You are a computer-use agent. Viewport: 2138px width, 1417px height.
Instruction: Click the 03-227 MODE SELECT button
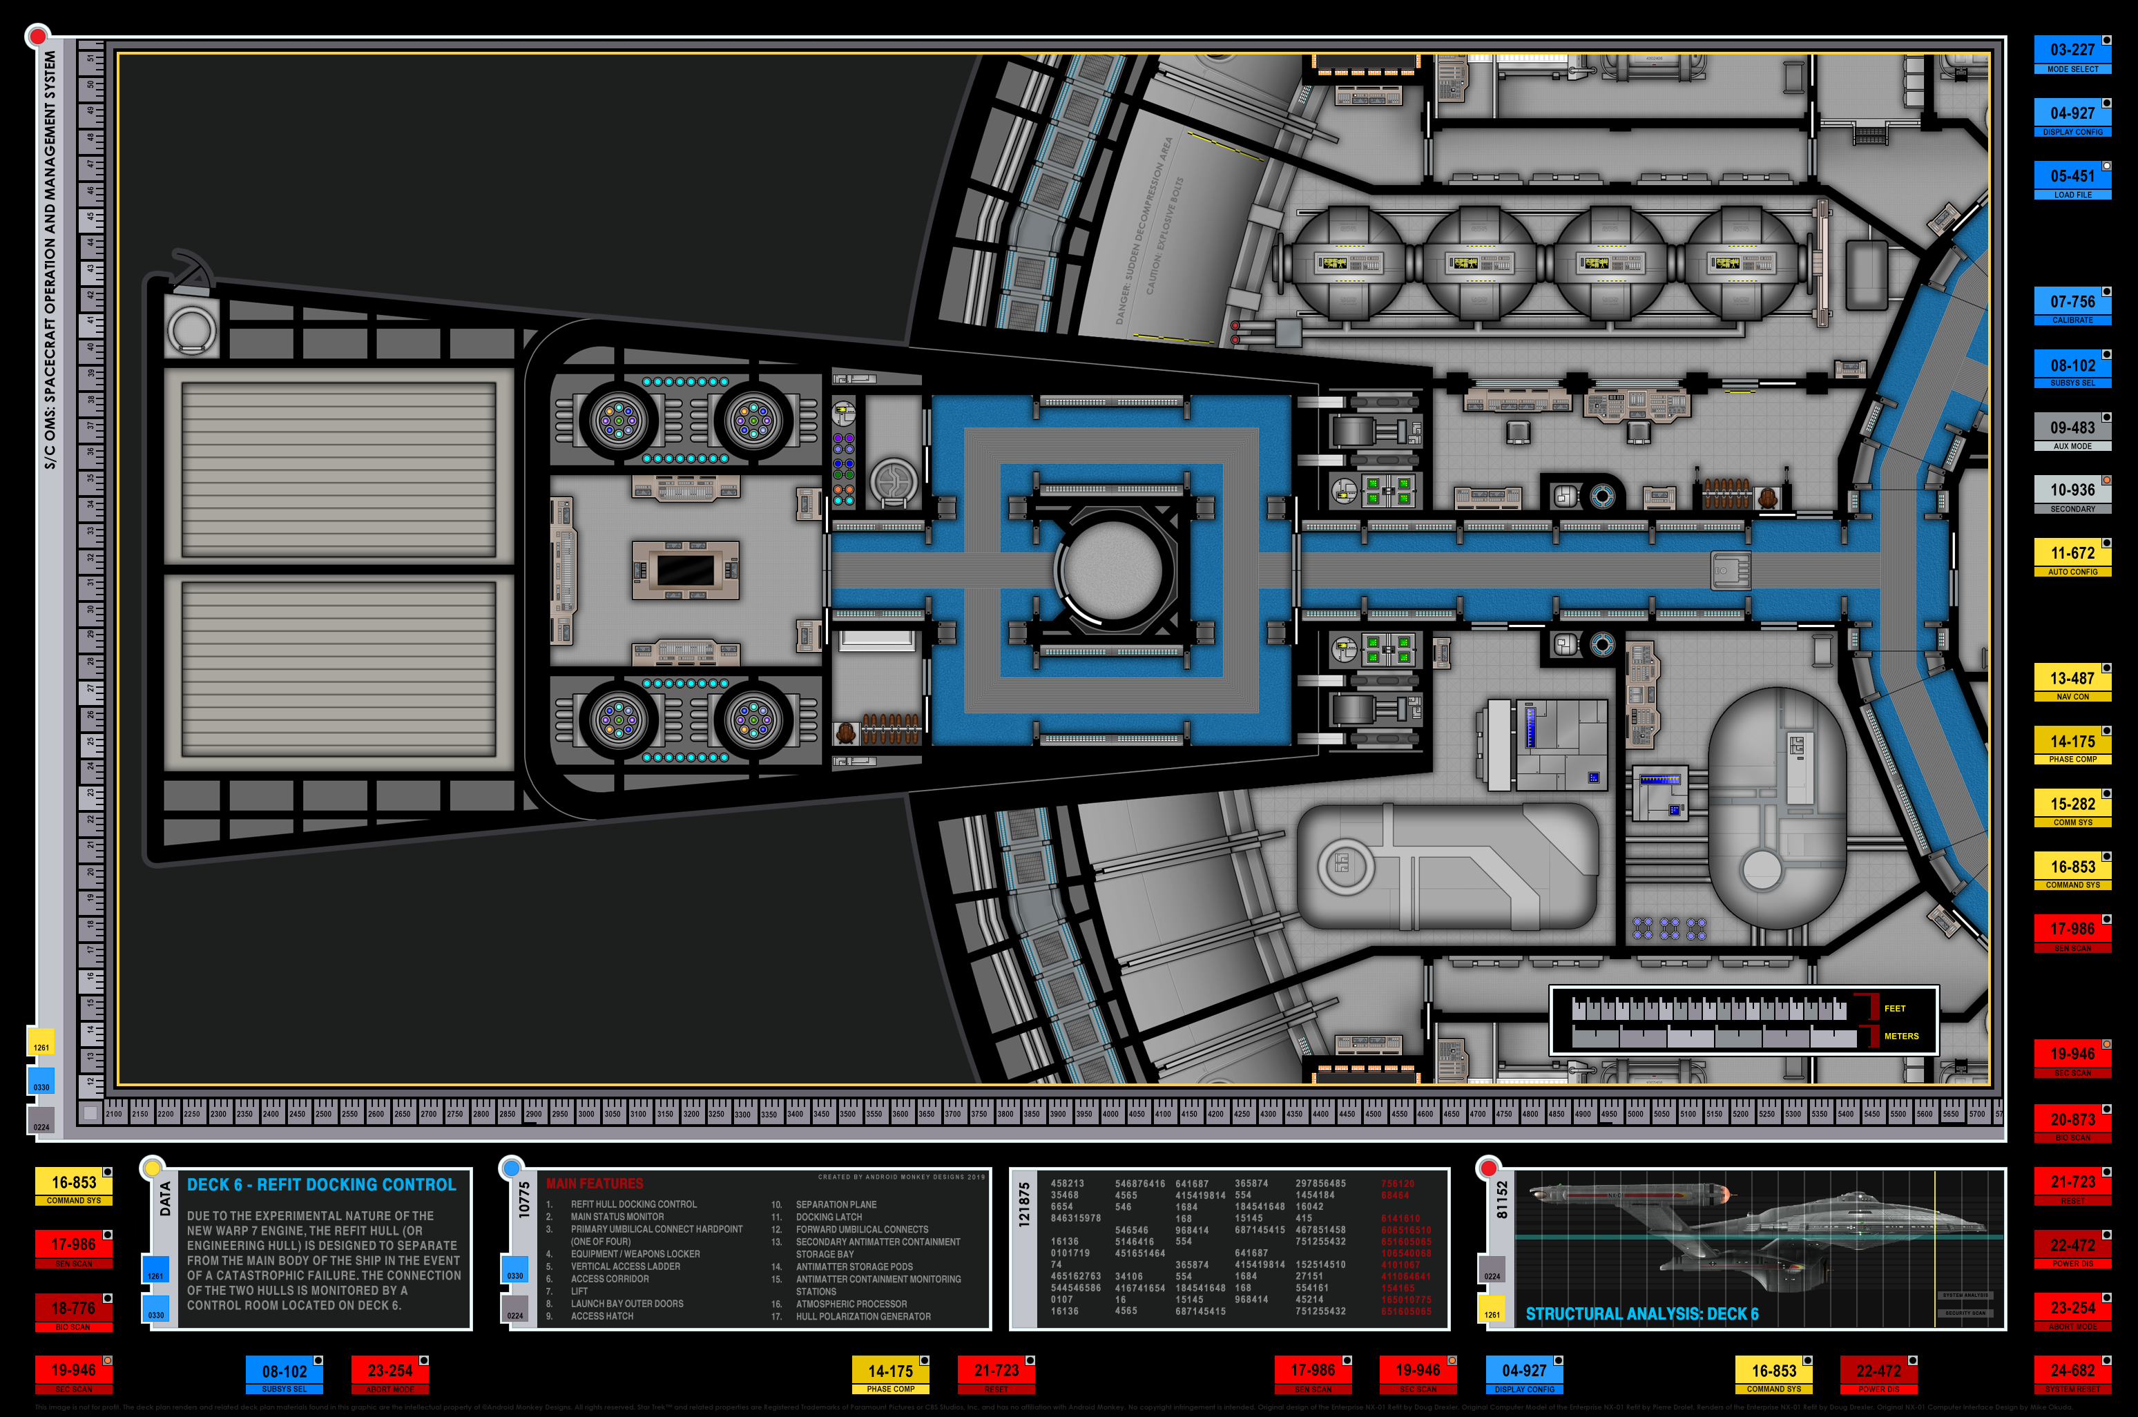(2072, 55)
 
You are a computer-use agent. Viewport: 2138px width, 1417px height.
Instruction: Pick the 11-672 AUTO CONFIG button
(2072, 557)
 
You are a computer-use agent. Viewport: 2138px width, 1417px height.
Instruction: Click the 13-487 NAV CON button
(2072, 682)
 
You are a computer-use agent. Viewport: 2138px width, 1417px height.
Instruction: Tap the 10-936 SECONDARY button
(2072, 494)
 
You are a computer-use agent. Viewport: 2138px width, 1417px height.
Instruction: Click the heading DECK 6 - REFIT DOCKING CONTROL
(321, 1185)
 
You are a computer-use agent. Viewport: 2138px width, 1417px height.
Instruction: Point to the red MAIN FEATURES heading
(595, 1184)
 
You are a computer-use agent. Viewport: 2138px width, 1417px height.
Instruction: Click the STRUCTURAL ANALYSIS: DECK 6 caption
(1642, 1314)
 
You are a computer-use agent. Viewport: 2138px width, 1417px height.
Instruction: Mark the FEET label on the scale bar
(1894, 1008)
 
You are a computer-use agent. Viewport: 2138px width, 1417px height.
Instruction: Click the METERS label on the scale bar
(1901, 1037)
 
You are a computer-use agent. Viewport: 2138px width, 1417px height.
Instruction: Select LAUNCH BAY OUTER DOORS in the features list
(626, 1304)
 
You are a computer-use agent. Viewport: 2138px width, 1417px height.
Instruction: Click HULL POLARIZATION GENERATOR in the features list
(863, 1317)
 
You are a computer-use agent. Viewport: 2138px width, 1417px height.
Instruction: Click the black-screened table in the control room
(685, 570)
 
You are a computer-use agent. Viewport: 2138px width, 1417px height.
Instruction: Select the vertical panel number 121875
(1024, 1206)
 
